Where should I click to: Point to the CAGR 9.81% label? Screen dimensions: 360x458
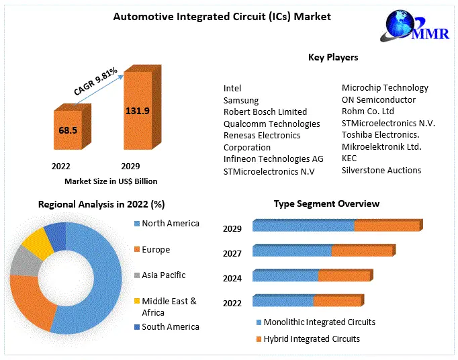(95, 81)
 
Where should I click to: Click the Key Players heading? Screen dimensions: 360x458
(332, 57)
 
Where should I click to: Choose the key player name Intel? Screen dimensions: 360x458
(232, 88)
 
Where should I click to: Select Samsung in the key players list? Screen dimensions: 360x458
(241, 100)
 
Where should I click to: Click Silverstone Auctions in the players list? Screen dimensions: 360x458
(381, 170)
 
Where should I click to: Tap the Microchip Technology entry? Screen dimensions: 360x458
(385, 87)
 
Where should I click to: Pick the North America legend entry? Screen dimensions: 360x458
(170, 223)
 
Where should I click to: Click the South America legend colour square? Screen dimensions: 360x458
(136, 327)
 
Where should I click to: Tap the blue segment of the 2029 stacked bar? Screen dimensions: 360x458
(303, 226)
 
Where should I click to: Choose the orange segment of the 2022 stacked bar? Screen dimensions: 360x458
(337, 301)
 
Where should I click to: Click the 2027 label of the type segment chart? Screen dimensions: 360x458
(232, 254)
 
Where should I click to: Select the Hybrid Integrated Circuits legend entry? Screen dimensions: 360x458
(312, 339)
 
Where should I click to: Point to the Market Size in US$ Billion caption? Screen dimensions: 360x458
(111, 181)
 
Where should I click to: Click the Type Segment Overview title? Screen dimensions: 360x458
(326, 204)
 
